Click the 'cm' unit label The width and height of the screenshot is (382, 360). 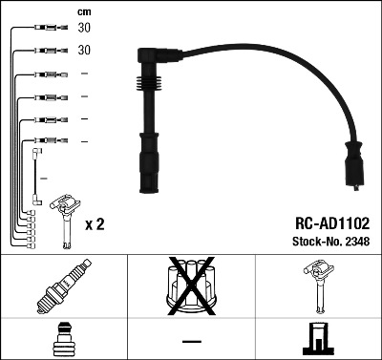(x=83, y=11)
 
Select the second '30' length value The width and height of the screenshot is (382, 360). (x=84, y=50)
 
